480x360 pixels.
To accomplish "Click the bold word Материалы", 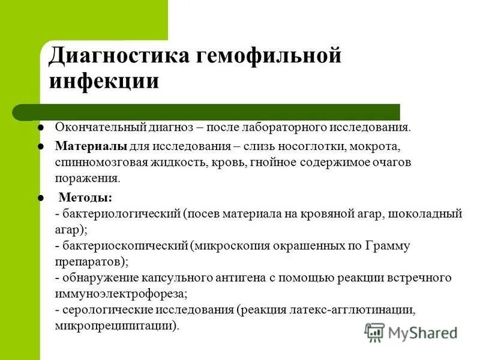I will (x=91, y=146).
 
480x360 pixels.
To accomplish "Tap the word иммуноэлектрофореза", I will (x=120, y=294).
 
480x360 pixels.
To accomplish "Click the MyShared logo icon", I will (x=375, y=332).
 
